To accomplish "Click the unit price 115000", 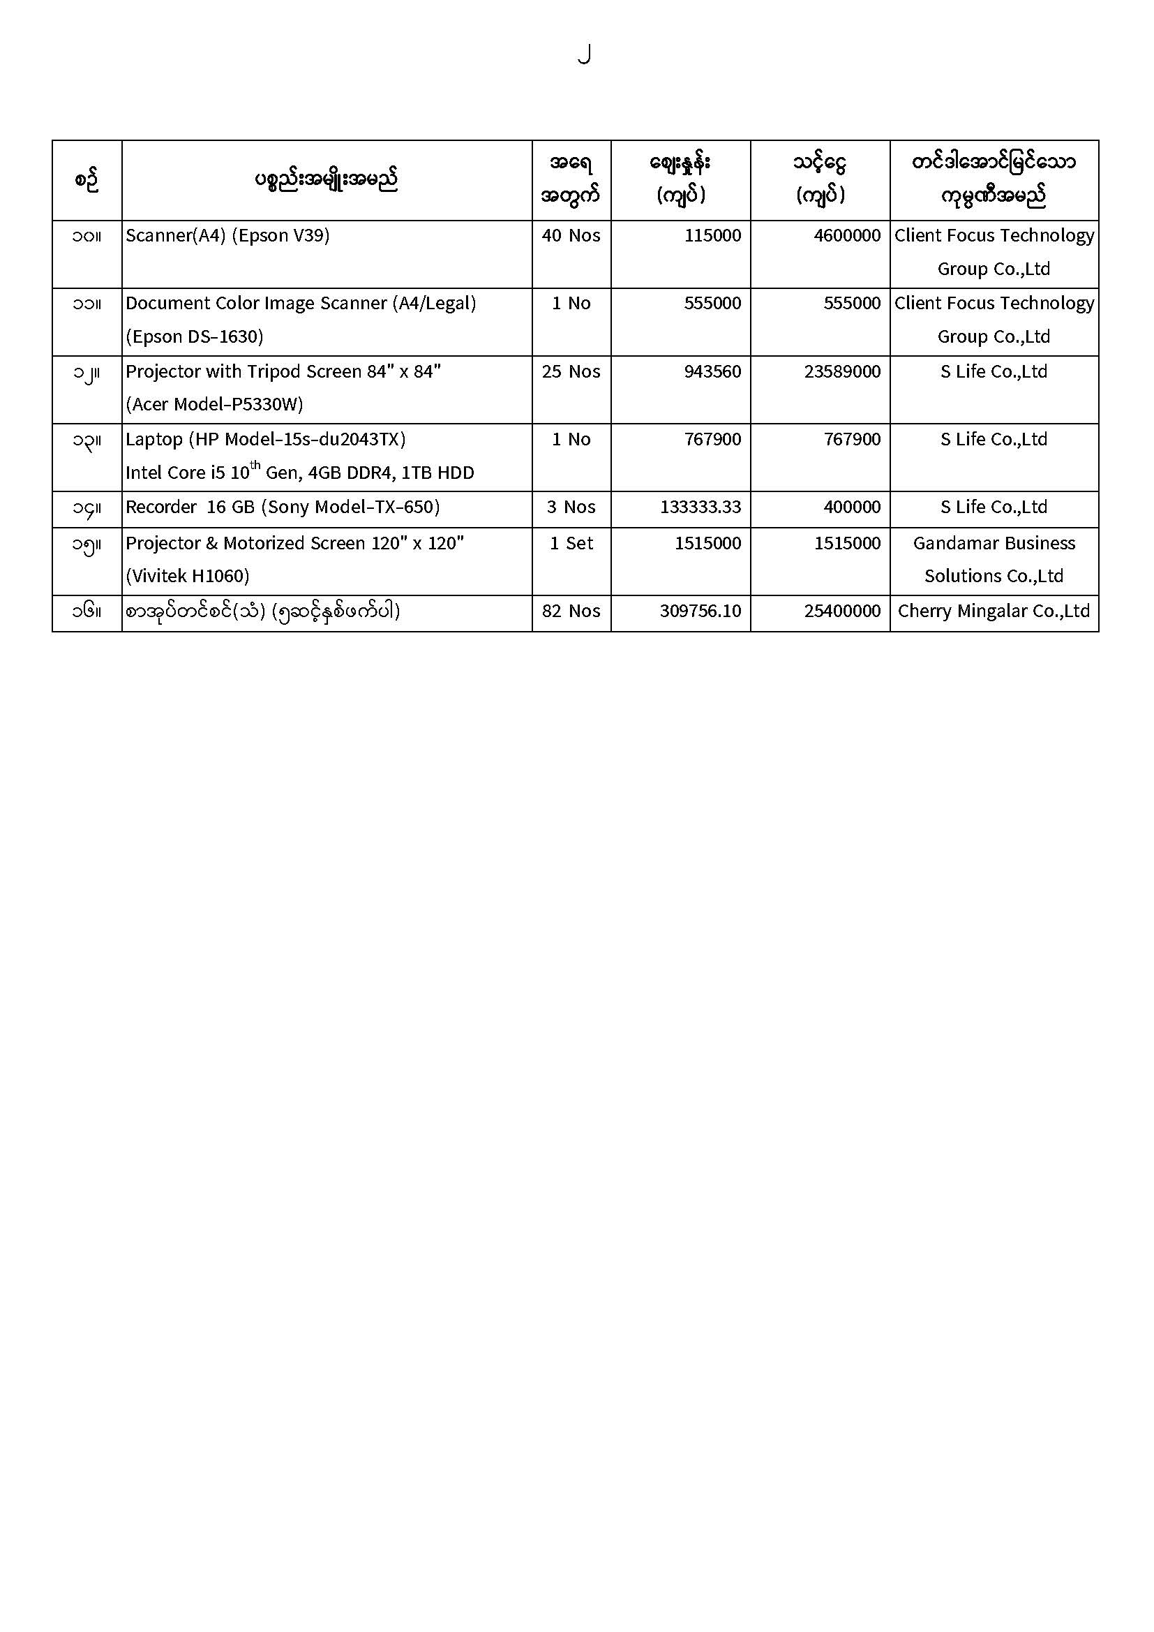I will pyautogui.click(x=712, y=235).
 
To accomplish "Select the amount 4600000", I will pyautogui.click(x=847, y=235).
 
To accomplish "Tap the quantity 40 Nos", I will pyautogui.click(x=571, y=235).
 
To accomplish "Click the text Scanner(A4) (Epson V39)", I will pyautogui.click(x=227, y=235).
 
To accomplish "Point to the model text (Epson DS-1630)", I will pyautogui.click(x=194, y=336).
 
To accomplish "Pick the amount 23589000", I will pyautogui.click(x=842, y=371).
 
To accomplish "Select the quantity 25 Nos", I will pyautogui.click(x=571, y=371).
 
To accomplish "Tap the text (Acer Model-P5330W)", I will pyautogui.click(x=214, y=404).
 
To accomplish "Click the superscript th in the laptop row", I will pyautogui.click(x=255, y=466).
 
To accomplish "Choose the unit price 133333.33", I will pyautogui.click(x=700, y=507).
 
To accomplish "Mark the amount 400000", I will pyautogui.click(x=852, y=507).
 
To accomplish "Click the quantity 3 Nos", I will pyautogui.click(x=571, y=507).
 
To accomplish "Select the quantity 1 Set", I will pyautogui.click(x=571, y=543).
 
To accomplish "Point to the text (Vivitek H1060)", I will pyautogui.click(x=188, y=576).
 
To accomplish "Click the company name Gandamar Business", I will pyautogui.click(x=994, y=543).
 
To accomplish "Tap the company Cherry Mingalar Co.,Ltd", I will pyautogui.click(x=994, y=611).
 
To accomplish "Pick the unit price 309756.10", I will pyautogui.click(x=700, y=611).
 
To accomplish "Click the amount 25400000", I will pyautogui.click(x=842, y=611).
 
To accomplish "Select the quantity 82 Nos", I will pyautogui.click(x=571, y=611).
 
